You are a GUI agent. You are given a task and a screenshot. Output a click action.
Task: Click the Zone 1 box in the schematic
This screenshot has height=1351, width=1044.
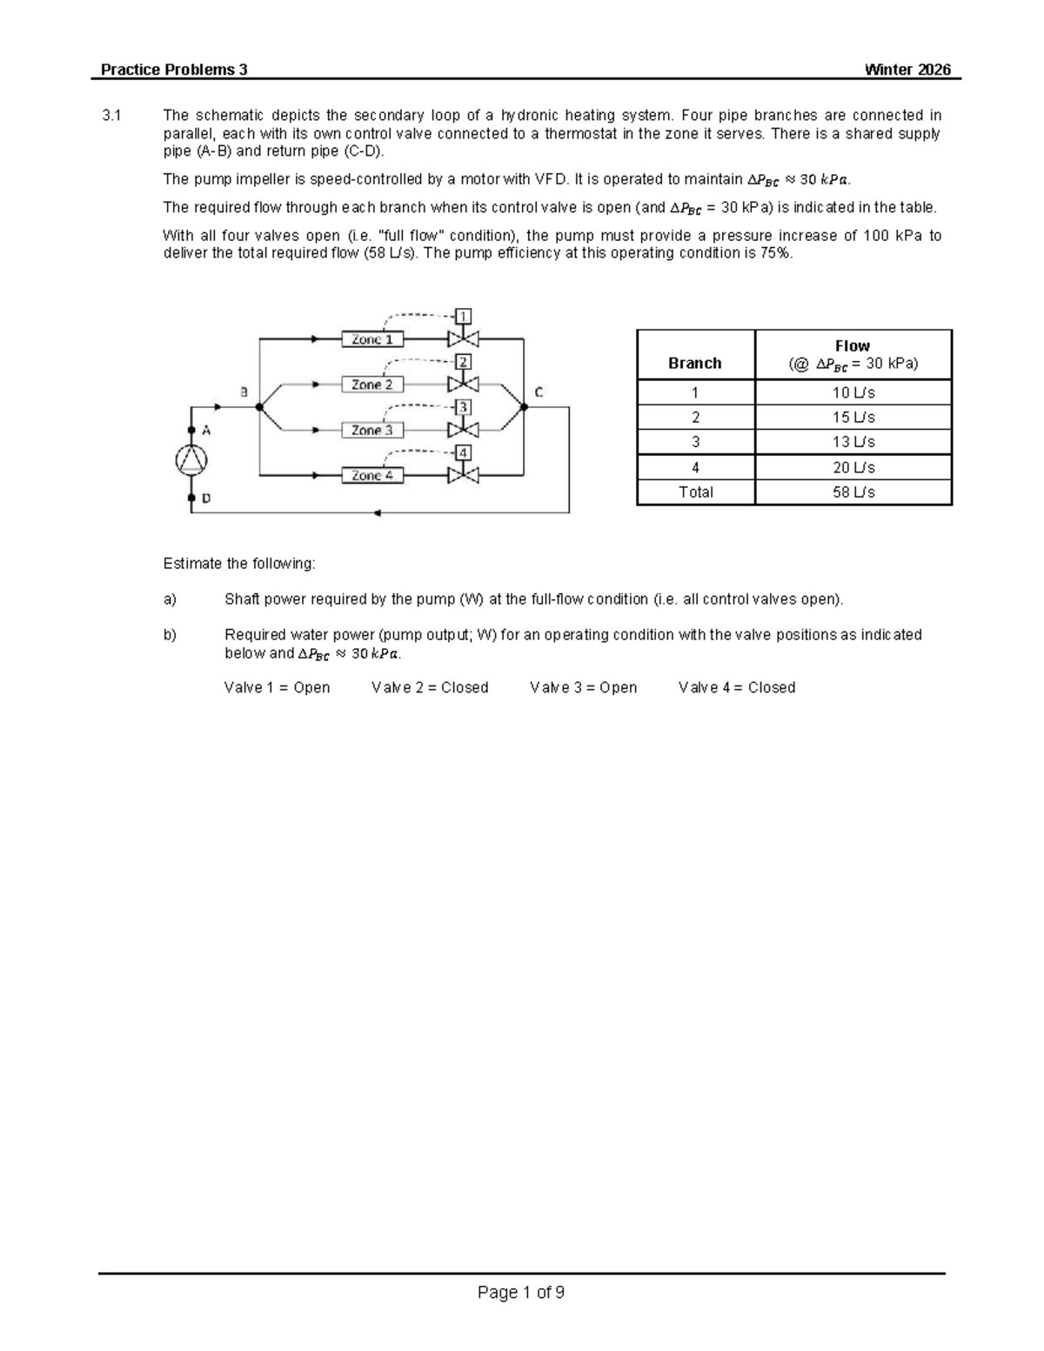tap(371, 339)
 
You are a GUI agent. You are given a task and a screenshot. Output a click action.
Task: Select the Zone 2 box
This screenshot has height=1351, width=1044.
tap(371, 385)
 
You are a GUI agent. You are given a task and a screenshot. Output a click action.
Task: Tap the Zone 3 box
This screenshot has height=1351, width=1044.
tap(371, 430)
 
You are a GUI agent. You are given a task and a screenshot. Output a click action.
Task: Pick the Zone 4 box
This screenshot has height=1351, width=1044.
tap(371, 475)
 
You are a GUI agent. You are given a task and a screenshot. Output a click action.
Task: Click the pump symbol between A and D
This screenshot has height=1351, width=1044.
tap(191, 460)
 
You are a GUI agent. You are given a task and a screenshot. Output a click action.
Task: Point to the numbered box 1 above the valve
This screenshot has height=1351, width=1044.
tap(464, 316)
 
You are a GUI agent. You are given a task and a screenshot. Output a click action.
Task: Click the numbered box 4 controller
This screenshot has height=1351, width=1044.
tap(464, 452)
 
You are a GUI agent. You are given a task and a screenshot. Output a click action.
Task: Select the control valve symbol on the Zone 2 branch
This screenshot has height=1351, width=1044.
tap(463, 384)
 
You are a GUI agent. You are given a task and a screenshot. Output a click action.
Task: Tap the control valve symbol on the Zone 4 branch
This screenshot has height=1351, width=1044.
tap(463, 475)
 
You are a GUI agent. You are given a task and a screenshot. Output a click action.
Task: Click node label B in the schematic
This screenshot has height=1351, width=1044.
tap(244, 392)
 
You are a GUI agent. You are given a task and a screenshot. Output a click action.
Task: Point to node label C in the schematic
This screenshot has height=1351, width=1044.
tap(539, 392)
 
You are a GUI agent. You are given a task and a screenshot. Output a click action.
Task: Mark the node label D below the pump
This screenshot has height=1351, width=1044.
tap(206, 499)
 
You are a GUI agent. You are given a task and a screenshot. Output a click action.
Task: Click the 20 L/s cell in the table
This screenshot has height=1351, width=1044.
tap(853, 467)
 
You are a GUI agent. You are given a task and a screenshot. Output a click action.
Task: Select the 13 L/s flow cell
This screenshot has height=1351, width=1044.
tap(853, 442)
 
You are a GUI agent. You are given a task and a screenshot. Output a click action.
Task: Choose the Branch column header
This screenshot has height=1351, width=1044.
tap(694, 363)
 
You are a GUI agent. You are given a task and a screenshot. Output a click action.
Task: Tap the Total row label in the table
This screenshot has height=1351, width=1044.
tap(695, 492)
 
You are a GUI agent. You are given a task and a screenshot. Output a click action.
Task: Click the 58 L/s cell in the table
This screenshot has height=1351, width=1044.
tap(853, 492)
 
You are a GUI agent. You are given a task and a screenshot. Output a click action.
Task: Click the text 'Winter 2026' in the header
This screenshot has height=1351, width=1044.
tap(907, 70)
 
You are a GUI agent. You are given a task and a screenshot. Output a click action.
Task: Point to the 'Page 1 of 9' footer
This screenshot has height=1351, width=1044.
tap(521, 1292)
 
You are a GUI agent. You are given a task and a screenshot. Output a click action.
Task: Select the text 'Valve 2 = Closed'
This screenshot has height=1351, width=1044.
tap(430, 687)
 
